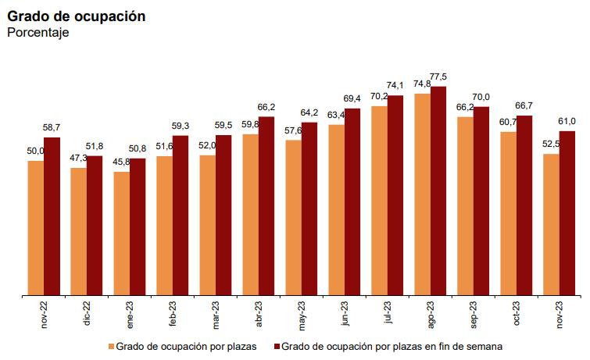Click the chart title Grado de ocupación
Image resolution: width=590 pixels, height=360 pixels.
point(76,16)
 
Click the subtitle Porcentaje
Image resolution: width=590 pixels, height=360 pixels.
point(38,32)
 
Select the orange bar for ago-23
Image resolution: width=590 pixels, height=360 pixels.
point(422,194)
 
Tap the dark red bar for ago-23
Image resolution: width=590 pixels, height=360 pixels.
point(438,191)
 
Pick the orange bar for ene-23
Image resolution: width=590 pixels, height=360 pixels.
point(121,233)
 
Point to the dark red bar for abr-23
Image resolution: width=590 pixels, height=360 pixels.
point(266,206)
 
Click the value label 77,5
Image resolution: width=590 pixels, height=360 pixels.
point(439,77)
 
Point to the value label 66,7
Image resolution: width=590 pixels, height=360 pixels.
point(524,105)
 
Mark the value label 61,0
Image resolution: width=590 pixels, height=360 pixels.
point(567,121)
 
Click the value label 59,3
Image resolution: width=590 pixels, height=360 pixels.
point(180,125)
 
